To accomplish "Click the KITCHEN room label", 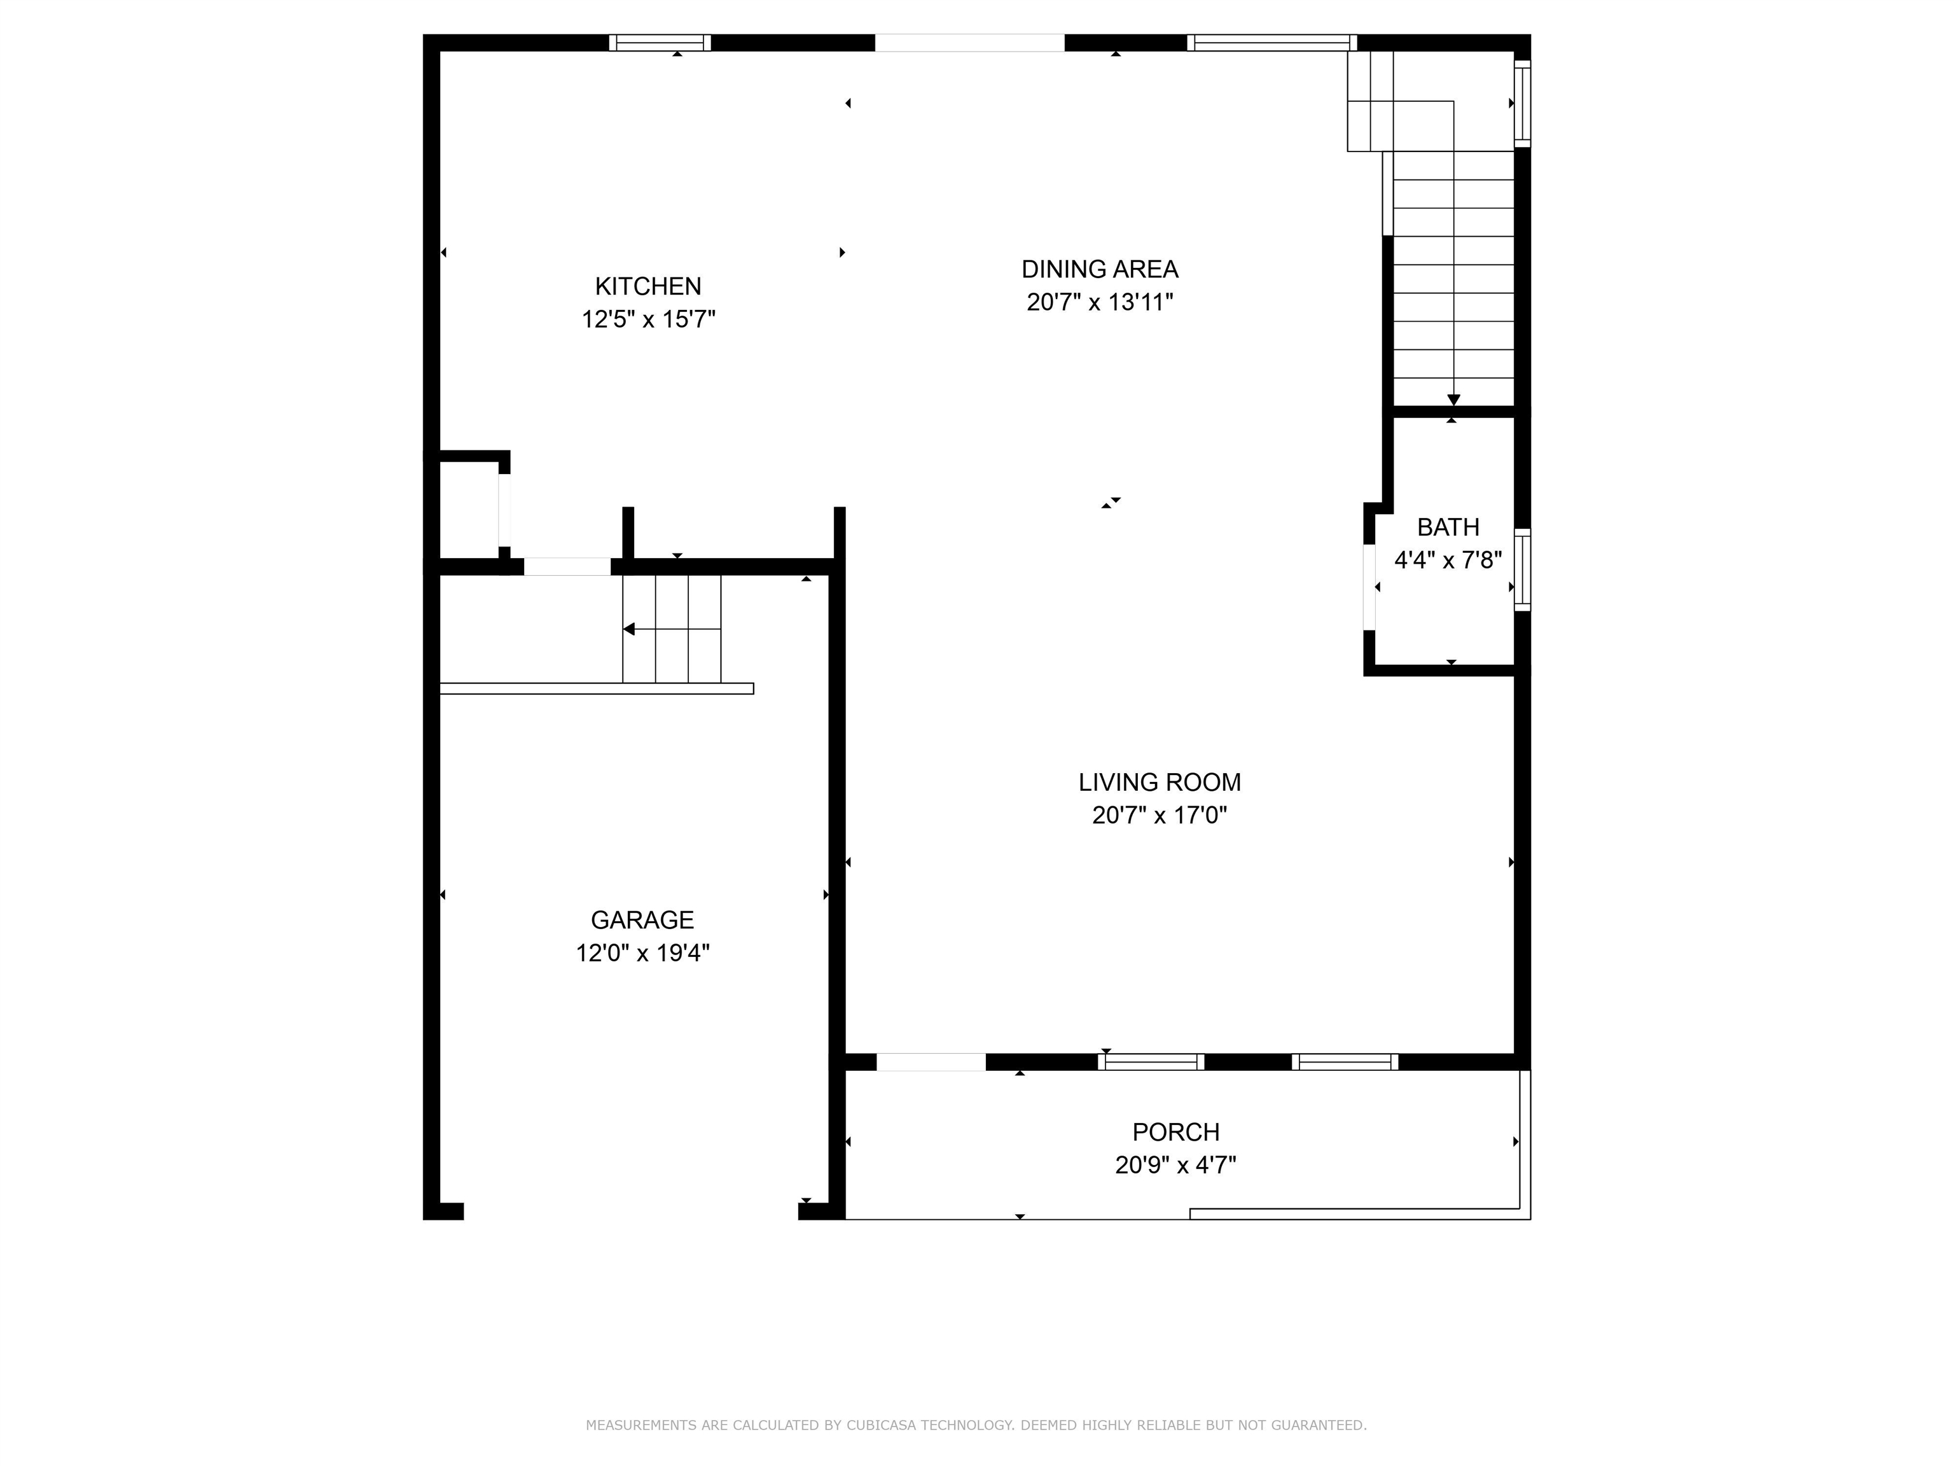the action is [648, 286].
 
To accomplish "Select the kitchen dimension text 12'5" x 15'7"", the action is [648, 319].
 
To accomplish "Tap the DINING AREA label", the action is [1100, 269].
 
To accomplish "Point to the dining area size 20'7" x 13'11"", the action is [1100, 302].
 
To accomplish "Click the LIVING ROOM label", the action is [1159, 782].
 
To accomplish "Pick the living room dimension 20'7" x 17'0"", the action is [1159, 814].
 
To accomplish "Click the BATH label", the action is [1448, 527].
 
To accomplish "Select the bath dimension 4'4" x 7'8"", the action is [1448, 560].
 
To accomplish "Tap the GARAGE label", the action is [642, 920].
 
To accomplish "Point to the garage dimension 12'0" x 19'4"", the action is [642, 953].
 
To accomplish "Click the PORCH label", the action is [1175, 1132].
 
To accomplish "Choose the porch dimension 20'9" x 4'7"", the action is [1175, 1164].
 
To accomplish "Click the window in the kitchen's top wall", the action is [660, 43].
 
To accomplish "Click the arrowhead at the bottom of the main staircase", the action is [1453, 400].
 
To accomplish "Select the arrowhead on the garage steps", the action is [629, 629].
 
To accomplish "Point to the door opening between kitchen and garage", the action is [567, 566].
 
